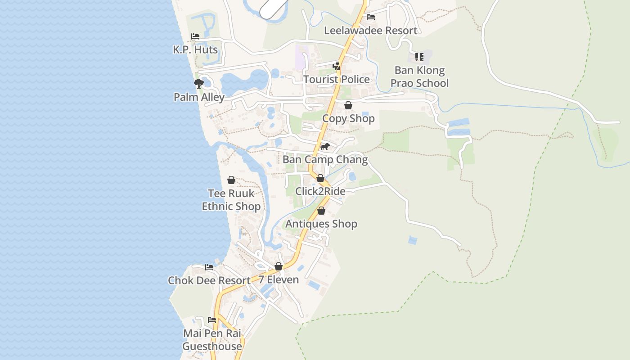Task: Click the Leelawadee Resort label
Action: point(371,31)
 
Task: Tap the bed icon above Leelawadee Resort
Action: point(371,17)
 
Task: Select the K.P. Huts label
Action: point(195,49)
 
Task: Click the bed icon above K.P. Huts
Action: point(195,36)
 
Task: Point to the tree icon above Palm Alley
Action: point(198,83)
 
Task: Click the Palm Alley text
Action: point(199,97)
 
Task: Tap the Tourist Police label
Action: point(337,79)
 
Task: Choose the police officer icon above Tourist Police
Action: point(336,66)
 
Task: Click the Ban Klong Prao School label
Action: point(419,76)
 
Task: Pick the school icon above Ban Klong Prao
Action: point(419,57)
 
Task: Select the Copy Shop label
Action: point(348,118)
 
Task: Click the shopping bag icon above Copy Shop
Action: point(348,105)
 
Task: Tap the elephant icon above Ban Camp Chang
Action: point(325,147)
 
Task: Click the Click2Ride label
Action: point(320,191)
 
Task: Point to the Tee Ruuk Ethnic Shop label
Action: point(231,200)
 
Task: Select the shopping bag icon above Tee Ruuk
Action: point(231,180)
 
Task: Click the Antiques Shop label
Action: point(321,224)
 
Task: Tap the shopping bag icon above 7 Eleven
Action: point(279,266)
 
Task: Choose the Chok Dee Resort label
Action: point(209,280)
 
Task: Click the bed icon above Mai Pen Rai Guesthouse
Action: point(212,320)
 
